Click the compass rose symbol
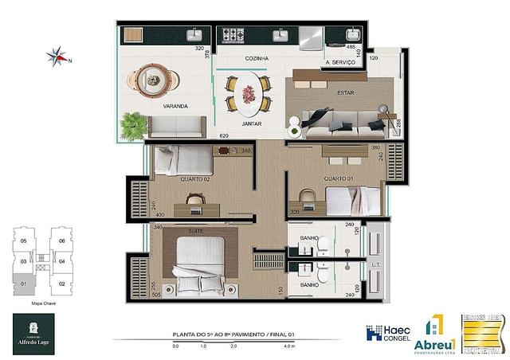coord(57,56)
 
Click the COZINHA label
coord(257,59)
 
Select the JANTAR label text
coord(252,124)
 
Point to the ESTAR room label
coord(323,93)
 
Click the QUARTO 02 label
coord(194,179)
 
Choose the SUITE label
coord(194,232)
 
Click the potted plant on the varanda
coord(133,124)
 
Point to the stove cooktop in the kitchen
coord(232,35)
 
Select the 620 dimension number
coord(202,136)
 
